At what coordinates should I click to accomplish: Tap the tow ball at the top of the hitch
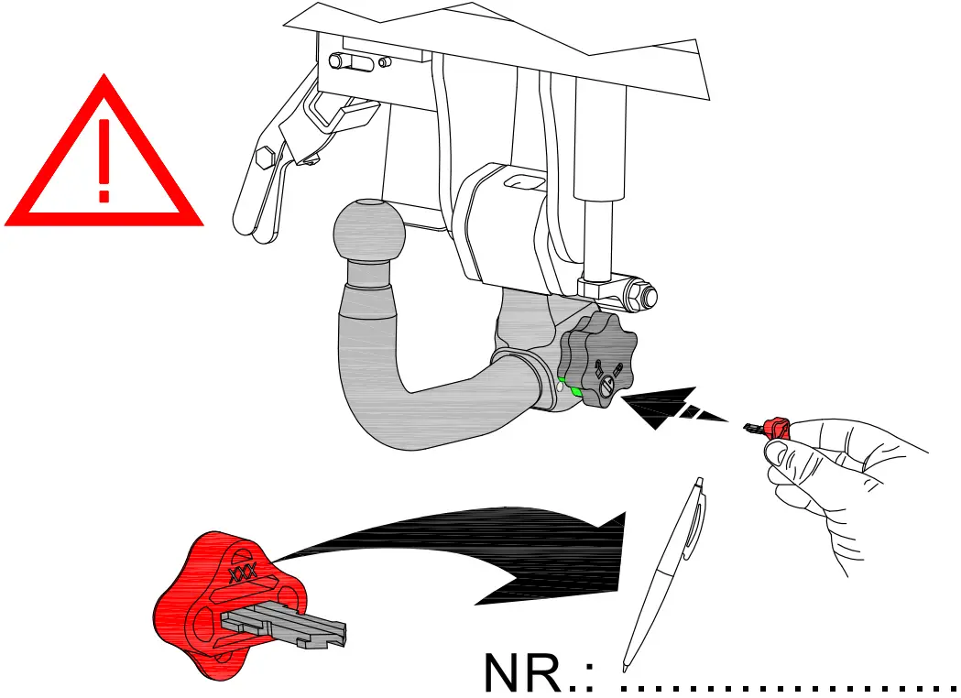[368, 231]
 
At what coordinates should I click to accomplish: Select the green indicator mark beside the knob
[575, 391]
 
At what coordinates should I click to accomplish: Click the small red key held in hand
[775, 427]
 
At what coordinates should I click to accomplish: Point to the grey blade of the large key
[284, 626]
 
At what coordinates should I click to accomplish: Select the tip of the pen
[626, 664]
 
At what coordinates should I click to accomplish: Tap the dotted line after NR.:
[788, 687]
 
